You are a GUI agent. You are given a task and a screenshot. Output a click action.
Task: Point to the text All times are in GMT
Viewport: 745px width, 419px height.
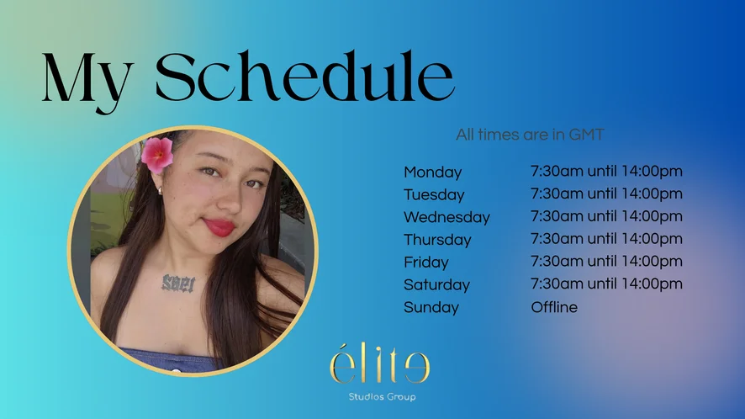(x=530, y=135)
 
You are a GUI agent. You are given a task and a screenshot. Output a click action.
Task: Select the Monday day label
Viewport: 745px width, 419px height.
(x=432, y=172)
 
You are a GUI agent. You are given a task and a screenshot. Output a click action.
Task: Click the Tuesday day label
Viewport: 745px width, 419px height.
(x=434, y=194)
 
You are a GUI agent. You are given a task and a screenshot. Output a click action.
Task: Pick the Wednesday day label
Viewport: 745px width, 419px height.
(x=446, y=217)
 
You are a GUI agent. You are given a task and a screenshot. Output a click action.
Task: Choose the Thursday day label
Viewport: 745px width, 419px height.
(x=437, y=240)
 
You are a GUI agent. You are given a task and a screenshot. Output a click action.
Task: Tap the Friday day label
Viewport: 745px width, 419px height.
(x=425, y=262)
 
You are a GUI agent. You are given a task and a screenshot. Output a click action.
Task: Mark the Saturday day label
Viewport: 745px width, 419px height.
(x=436, y=284)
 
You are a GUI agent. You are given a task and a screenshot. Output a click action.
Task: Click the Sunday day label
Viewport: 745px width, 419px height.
(x=431, y=307)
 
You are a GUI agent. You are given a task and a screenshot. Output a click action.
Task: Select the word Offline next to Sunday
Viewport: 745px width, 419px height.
(x=554, y=307)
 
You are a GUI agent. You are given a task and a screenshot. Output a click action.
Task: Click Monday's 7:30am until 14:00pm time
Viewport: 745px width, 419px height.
(x=606, y=171)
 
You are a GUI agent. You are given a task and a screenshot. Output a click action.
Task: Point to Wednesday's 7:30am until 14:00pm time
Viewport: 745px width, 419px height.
(x=606, y=216)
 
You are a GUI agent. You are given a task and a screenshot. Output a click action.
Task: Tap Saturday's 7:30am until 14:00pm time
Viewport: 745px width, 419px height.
(x=606, y=284)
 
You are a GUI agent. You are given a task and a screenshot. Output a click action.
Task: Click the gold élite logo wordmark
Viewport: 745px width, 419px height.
(x=380, y=363)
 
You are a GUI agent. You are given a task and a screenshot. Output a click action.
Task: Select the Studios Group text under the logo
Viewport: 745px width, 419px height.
(x=382, y=396)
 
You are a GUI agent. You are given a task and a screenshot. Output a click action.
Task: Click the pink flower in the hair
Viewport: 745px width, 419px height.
(x=156, y=154)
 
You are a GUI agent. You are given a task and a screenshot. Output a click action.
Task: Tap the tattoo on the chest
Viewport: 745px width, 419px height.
(x=178, y=283)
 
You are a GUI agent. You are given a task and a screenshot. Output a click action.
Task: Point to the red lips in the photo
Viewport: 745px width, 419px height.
(x=219, y=227)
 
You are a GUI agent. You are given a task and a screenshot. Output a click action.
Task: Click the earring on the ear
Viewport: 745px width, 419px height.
(x=160, y=191)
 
